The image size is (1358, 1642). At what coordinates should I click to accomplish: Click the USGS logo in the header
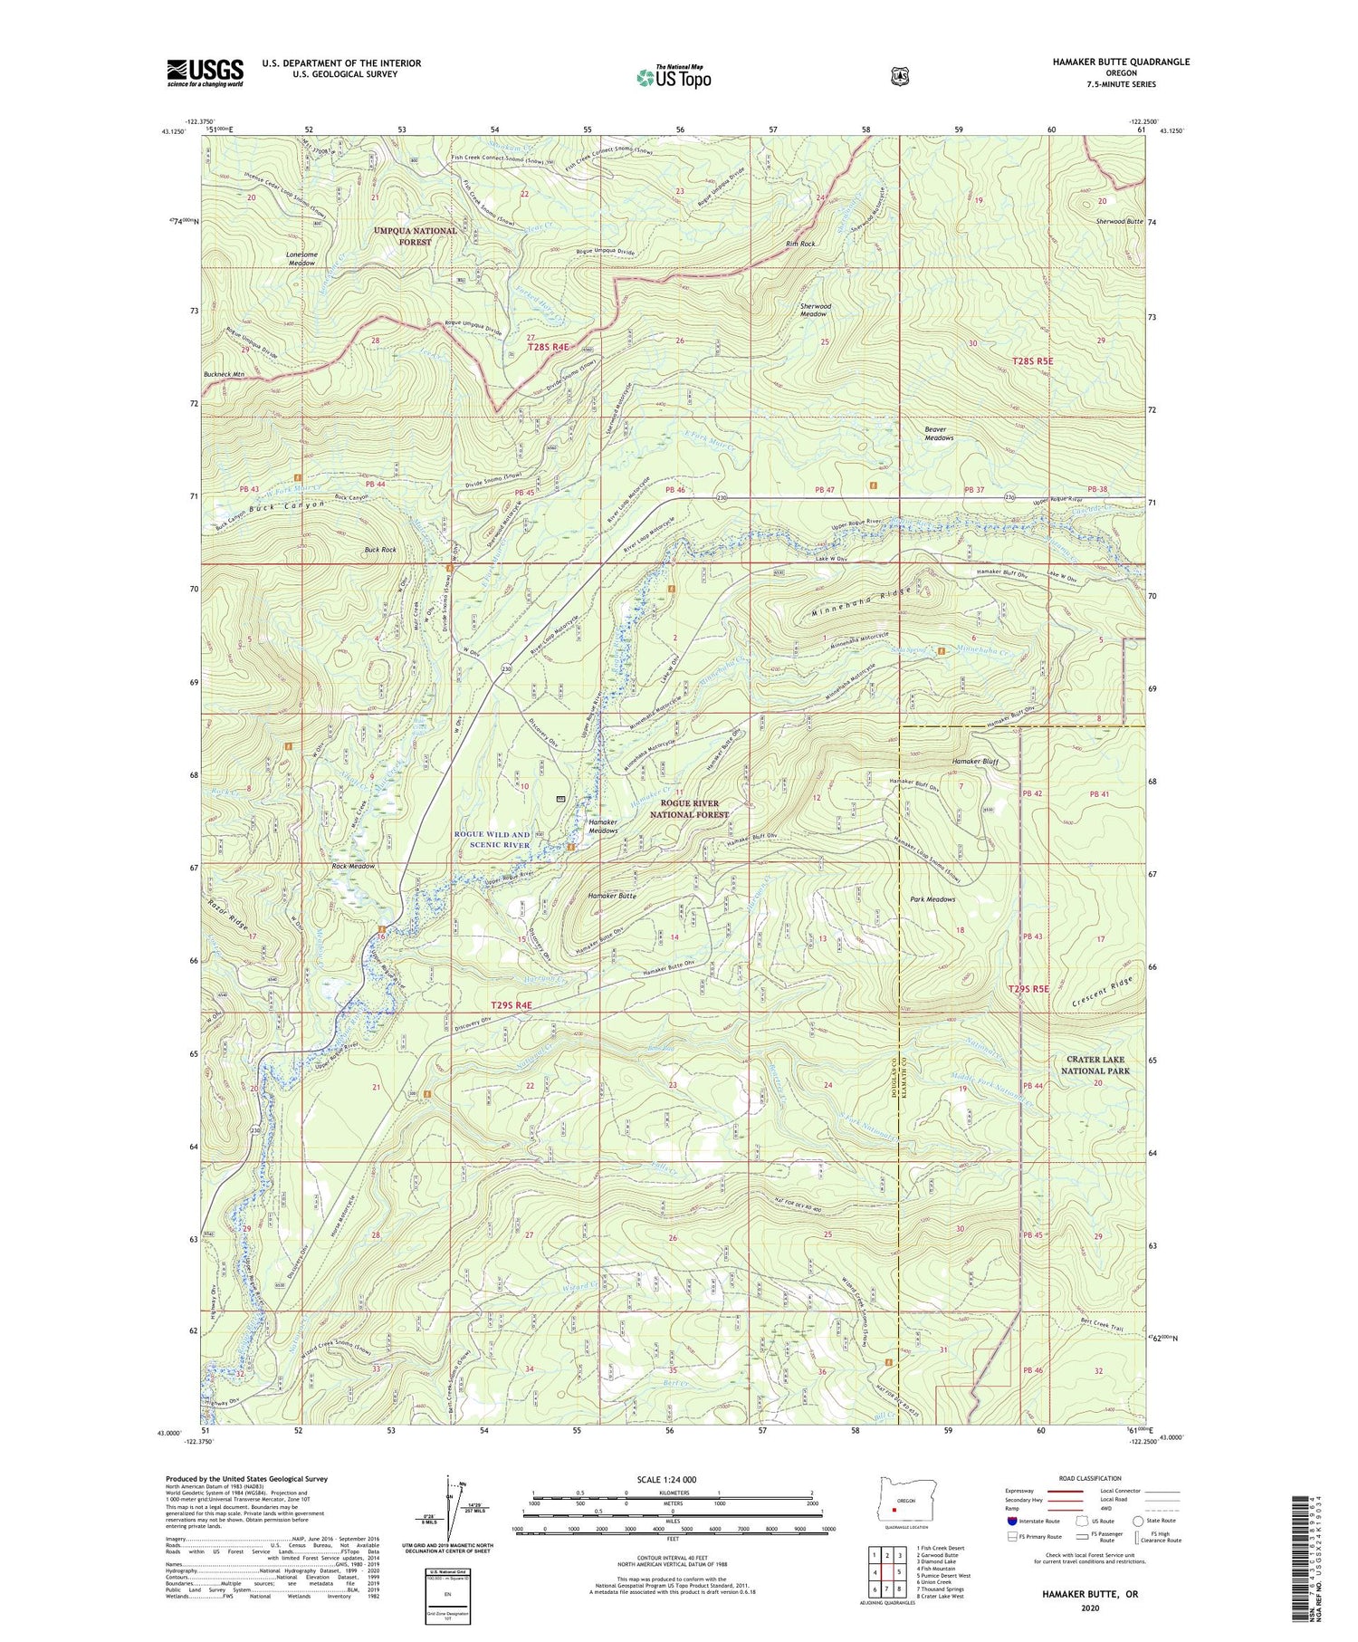(205, 72)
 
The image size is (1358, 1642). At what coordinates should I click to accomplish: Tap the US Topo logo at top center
(674, 77)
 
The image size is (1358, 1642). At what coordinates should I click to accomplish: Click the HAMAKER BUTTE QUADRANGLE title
(1108, 62)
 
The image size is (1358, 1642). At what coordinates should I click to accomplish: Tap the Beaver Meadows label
(939, 434)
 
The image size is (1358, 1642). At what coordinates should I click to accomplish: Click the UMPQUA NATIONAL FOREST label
(416, 236)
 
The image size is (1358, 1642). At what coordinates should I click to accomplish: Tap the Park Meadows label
(932, 899)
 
